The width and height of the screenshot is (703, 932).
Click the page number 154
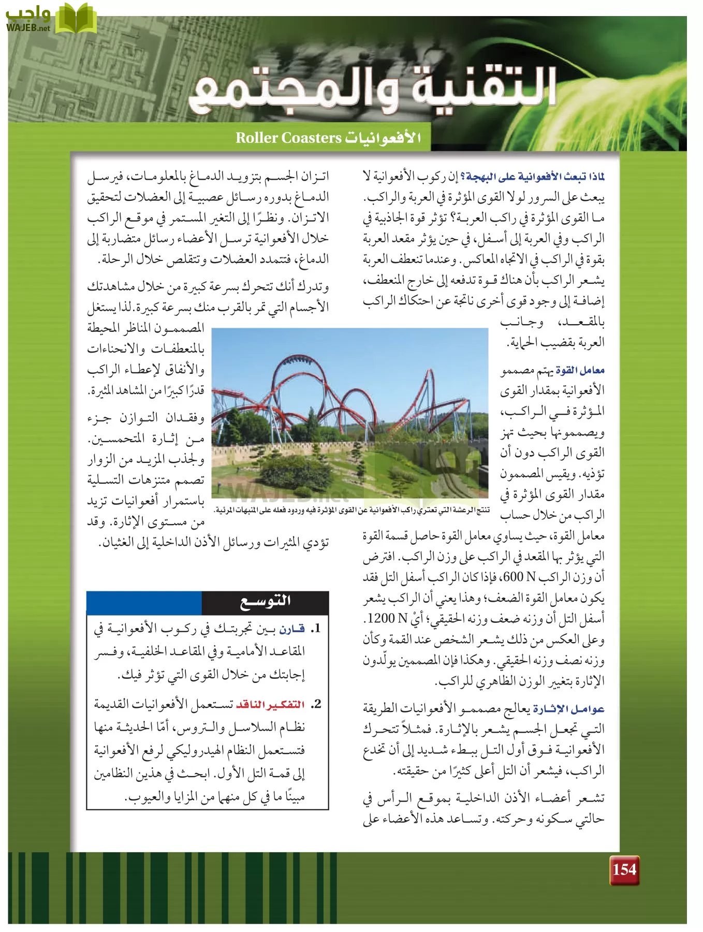(624, 869)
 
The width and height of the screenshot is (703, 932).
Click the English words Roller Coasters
(288, 138)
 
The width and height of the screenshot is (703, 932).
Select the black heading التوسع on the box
(265, 602)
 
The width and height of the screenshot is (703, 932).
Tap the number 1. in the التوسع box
(316, 629)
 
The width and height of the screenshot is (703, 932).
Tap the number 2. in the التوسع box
(316, 704)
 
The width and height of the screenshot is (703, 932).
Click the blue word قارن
(292, 629)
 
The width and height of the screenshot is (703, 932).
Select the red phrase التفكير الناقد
(270, 705)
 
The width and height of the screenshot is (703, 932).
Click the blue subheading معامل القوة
(580, 370)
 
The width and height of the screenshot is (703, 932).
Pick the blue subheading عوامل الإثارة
(568, 709)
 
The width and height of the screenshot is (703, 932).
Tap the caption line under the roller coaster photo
(352, 511)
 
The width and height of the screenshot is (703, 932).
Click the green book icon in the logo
(76, 18)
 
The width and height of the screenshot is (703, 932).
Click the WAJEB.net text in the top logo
(28, 28)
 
